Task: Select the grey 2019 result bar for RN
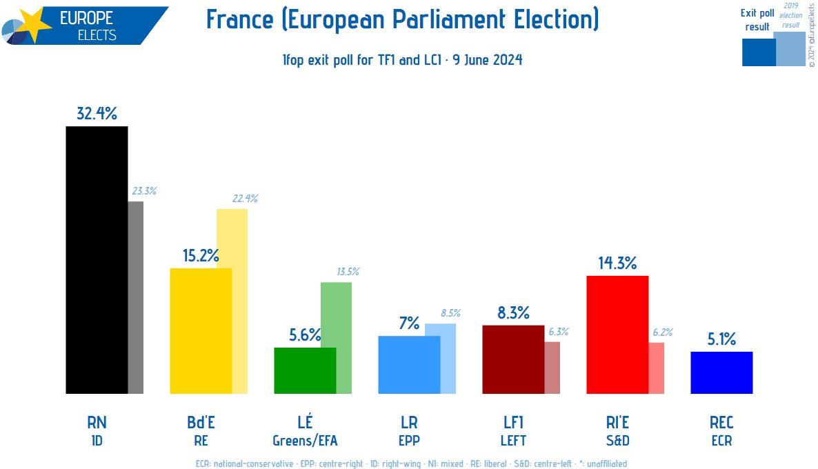coord(136,297)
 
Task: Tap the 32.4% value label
coord(97,114)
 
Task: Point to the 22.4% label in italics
coord(244,199)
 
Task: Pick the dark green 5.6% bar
coord(305,370)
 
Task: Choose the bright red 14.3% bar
coord(617,335)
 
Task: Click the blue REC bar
coord(721,372)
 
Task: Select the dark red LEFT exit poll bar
coord(513,359)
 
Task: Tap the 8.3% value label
coord(513,313)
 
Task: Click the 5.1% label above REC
coord(721,339)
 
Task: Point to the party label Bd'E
coord(201,422)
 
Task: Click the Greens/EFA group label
coord(305,441)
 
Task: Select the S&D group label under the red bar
coord(617,441)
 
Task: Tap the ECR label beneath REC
coord(721,441)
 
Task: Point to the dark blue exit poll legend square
coord(759,52)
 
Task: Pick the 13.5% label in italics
coord(348,272)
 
